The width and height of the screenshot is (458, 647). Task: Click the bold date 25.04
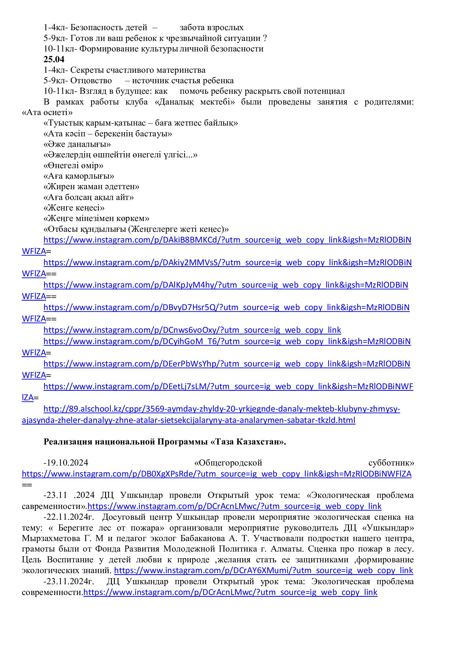pyautogui.click(x=54, y=59)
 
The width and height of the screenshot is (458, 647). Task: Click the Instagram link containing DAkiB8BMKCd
pyautogui.click(x=227, y=240)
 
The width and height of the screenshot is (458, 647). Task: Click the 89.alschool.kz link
pyautogui.click(x=222, y=409)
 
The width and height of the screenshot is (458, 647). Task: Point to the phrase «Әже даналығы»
pyautogui.click(x=77, y=144)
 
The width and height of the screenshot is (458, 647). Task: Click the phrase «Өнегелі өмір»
pyautogui.click(x=73, y=165)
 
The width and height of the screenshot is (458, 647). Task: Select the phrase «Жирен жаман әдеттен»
pyautogui.click(x=91, y=186)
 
